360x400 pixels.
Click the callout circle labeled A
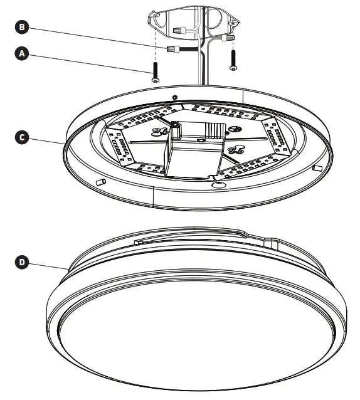pyautogui.click(x=23, y=54)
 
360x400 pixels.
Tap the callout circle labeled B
pyautogui.click(x=23, y=27)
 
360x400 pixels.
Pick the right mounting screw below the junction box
pyautogui.click(x=233, y=59)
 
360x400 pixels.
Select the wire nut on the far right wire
pyautogui.click(x=231, y=38)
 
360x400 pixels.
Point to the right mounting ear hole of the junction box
pyautogui.click(x=237, y=24)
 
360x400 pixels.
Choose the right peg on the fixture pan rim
pyautogui.click(x=317, y=168)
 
